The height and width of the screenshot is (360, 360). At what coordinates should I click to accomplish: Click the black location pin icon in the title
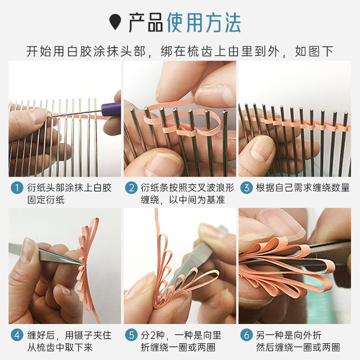click(x=115, y=22)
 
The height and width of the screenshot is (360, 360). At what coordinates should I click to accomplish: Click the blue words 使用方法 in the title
click(x=204, y=22)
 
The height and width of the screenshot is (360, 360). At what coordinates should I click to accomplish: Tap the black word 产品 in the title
click(x=145, y=22)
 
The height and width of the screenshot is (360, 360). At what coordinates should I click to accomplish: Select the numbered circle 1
click(x=17, y=188)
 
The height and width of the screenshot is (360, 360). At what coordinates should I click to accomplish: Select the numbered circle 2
click(x=131, y=188)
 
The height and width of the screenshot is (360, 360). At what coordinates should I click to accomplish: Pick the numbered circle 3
click(x=246, y=188)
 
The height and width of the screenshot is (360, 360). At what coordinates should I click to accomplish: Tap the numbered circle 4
click(x=17, y=335)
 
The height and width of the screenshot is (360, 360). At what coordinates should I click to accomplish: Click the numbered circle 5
click(x=131, y=335)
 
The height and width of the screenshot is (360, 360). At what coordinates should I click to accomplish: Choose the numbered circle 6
click(x=246, y=335)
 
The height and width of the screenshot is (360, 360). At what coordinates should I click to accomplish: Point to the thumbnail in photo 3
click(x=261, y=149)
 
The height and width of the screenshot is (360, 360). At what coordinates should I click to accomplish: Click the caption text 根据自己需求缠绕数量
click(x=303, y=188)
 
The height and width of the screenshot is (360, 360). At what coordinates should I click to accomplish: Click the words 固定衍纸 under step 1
click(x=46, y=199)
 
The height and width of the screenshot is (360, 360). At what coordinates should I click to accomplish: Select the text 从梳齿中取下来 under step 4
click(x=60, y=347)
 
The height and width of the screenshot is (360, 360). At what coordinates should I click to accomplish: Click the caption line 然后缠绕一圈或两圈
click(x=298, y=347)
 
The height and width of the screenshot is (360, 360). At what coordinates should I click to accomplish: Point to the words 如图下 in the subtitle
click(x=314, y=51)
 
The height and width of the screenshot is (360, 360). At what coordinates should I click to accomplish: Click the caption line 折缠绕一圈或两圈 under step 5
click(x=178, y=347)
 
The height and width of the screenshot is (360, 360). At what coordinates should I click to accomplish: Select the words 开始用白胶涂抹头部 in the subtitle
click(x=86, y=51)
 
